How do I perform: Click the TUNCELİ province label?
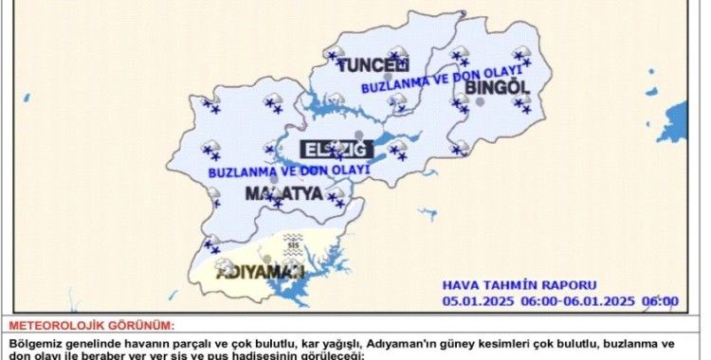[x=374, y=64]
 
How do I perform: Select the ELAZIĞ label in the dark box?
[x=331, y=149]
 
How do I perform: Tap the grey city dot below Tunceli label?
[x=360, y=79]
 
